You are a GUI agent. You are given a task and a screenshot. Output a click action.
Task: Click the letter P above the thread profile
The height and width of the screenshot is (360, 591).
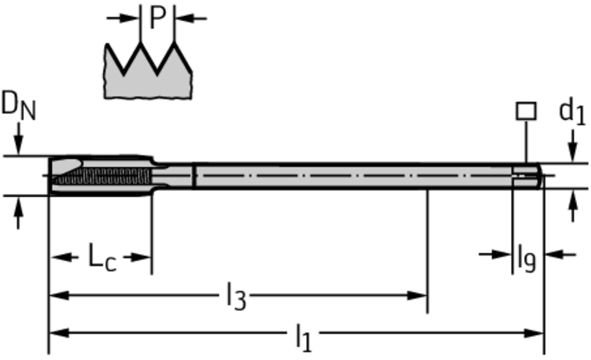click(158, 18)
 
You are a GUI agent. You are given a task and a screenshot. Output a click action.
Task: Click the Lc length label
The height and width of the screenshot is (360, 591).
click(102, 257)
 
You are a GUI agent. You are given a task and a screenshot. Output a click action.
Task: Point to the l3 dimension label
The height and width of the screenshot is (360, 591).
click(236, 297)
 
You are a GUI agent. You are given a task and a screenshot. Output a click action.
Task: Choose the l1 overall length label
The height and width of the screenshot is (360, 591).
click(304, 337)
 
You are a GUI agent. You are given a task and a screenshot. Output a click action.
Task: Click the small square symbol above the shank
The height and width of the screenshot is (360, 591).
click(526, 111)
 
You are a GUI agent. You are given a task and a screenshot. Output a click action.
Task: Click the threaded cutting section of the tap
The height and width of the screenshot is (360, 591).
click(101, 175)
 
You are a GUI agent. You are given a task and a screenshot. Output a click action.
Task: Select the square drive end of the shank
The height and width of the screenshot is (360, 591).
click(526, 176)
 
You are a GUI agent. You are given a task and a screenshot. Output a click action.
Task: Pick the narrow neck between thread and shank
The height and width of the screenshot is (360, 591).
click(174, 176)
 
